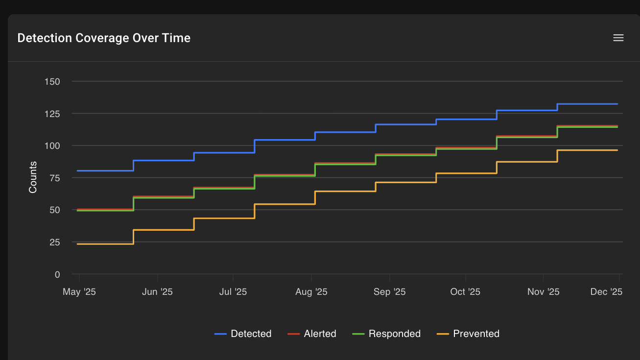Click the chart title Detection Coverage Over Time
coord(104,38)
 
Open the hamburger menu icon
coord(618,38)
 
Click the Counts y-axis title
coord(33,177)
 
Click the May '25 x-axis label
coord(79,292)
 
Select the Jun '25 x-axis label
coord(157,292)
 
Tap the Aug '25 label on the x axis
coord(311,292)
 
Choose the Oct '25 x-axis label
coord(465,292)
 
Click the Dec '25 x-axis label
coord(606,292)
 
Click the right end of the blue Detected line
coord(617,104)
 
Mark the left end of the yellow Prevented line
coord(77,244)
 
